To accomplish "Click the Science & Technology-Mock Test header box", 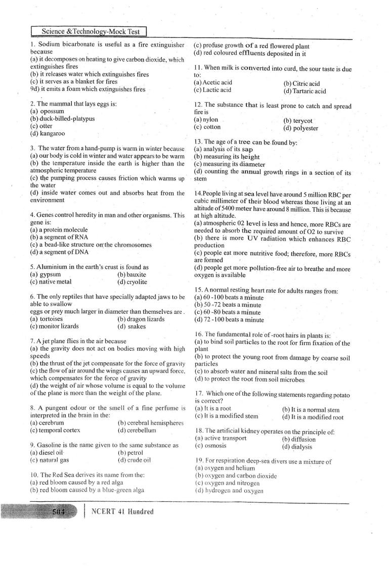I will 89,31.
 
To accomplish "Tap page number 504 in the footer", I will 59,511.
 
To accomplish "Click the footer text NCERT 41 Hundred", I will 122,511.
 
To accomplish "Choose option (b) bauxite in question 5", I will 132,274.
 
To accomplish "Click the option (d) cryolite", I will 132,281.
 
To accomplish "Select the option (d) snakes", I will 132,326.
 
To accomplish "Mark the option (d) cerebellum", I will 137,430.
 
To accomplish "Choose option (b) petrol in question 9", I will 131,453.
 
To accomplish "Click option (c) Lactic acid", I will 212,90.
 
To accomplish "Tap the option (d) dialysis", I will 299,447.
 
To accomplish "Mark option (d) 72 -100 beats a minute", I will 229,319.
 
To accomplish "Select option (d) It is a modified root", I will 313,417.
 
